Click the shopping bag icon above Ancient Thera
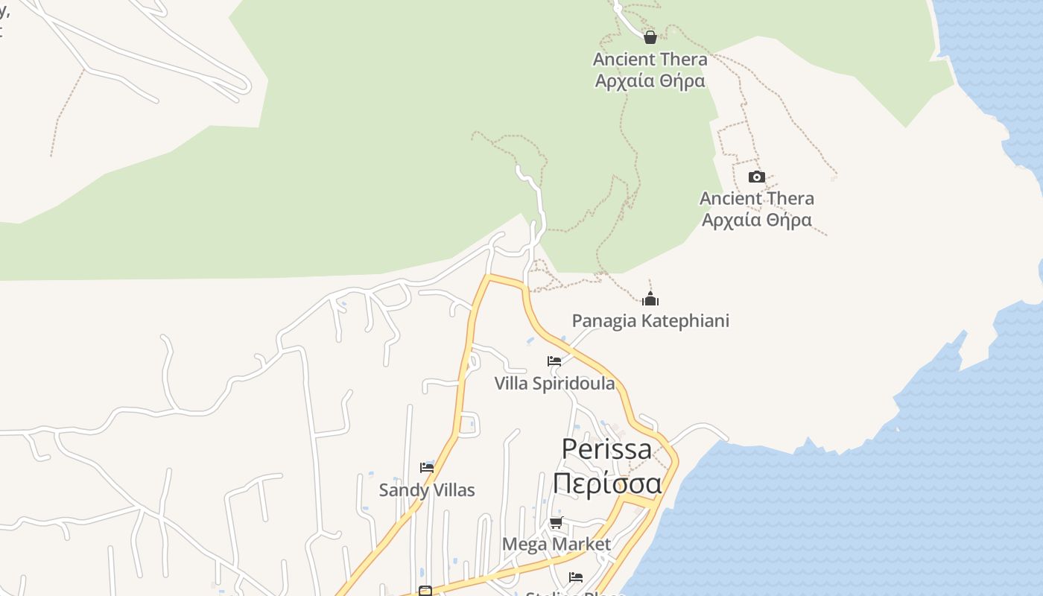coord(650,37)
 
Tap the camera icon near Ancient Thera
coord(756,177)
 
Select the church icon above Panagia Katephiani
coord(650,299)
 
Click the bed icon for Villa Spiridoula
coord(554,361)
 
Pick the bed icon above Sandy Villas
coord(427,468)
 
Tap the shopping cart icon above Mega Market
coord(556,522)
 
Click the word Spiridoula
coord(571,384)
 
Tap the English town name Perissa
coord(606,448)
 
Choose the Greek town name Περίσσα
coord(606,483)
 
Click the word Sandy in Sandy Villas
coord(402,490)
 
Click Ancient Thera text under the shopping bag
coord(650,59)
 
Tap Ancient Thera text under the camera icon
coord(756,198)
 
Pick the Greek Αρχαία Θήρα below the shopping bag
coord(650,80)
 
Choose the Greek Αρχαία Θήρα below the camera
coord(756,220)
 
